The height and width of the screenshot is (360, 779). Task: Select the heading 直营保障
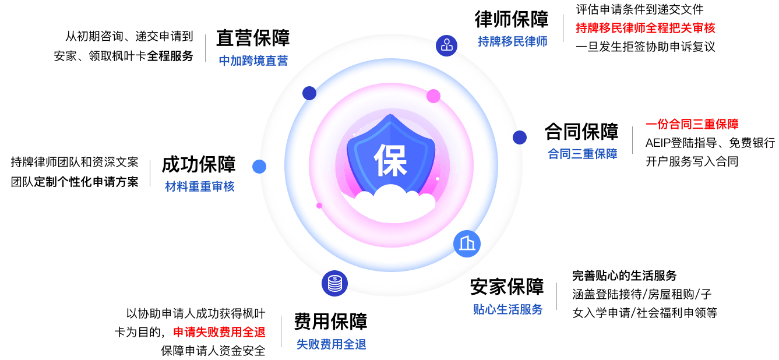pyautogui.click(x=253, y=39)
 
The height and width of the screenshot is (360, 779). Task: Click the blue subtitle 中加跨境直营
pyautogui.click(x=253, y=61)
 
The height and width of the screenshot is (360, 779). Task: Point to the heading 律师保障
pyautogui.click(x=512, y=20)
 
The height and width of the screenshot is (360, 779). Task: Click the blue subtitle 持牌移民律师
pyautogui.click(x=512, y=41)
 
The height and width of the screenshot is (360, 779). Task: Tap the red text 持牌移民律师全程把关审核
pyautogui.click(x=645, y=27)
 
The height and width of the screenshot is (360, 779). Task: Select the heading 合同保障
pyautogui.click(x=581, y=133)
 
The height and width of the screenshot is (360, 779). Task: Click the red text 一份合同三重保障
pyautogui.click(x=692, y=124)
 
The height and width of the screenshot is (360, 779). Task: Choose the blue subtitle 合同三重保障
pyautogui.click(x=582, y=154)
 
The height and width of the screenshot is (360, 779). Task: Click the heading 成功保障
pyautogui.click(x=199, y=165)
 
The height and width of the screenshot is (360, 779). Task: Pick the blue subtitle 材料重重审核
pyautogui.click(x=199, y=187)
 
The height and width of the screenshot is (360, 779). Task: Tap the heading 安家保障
pyautogui.click(x=507, y=288)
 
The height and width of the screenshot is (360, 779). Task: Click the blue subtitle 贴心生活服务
pyautogui.click(x=507, y=309)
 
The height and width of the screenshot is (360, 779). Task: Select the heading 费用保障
pyautogui.click(x=330, y=322)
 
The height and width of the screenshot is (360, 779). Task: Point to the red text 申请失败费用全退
pyautogui.click(x=219, y=332)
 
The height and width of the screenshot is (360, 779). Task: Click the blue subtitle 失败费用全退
pyautogui.click(x=331, y=344)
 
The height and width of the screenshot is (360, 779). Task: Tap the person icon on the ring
pyautogui.click(x=447, y=45)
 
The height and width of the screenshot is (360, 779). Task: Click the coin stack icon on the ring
pyautogui.click(x=334, y=284)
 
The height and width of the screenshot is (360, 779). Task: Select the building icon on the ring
pyautogui.click(x=467, y=243)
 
